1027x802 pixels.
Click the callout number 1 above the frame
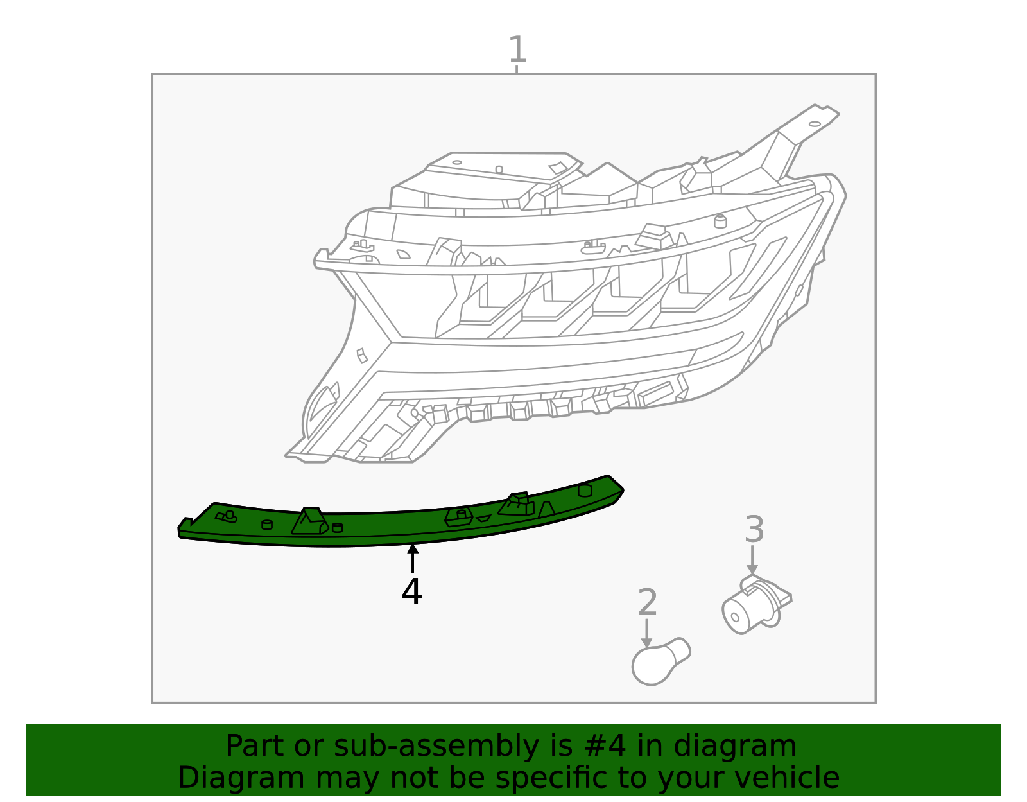coord(517,49)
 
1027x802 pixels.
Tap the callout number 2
coord(648,603)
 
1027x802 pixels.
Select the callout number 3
coord(754,530)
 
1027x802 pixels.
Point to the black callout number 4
coord(411,591)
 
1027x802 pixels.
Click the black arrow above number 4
coord(413,557)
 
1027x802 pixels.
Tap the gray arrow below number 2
coord(646,632)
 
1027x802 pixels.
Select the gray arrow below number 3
coord(752,560)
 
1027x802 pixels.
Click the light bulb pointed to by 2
coord(658,662)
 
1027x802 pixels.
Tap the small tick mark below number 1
coord(517,69)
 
